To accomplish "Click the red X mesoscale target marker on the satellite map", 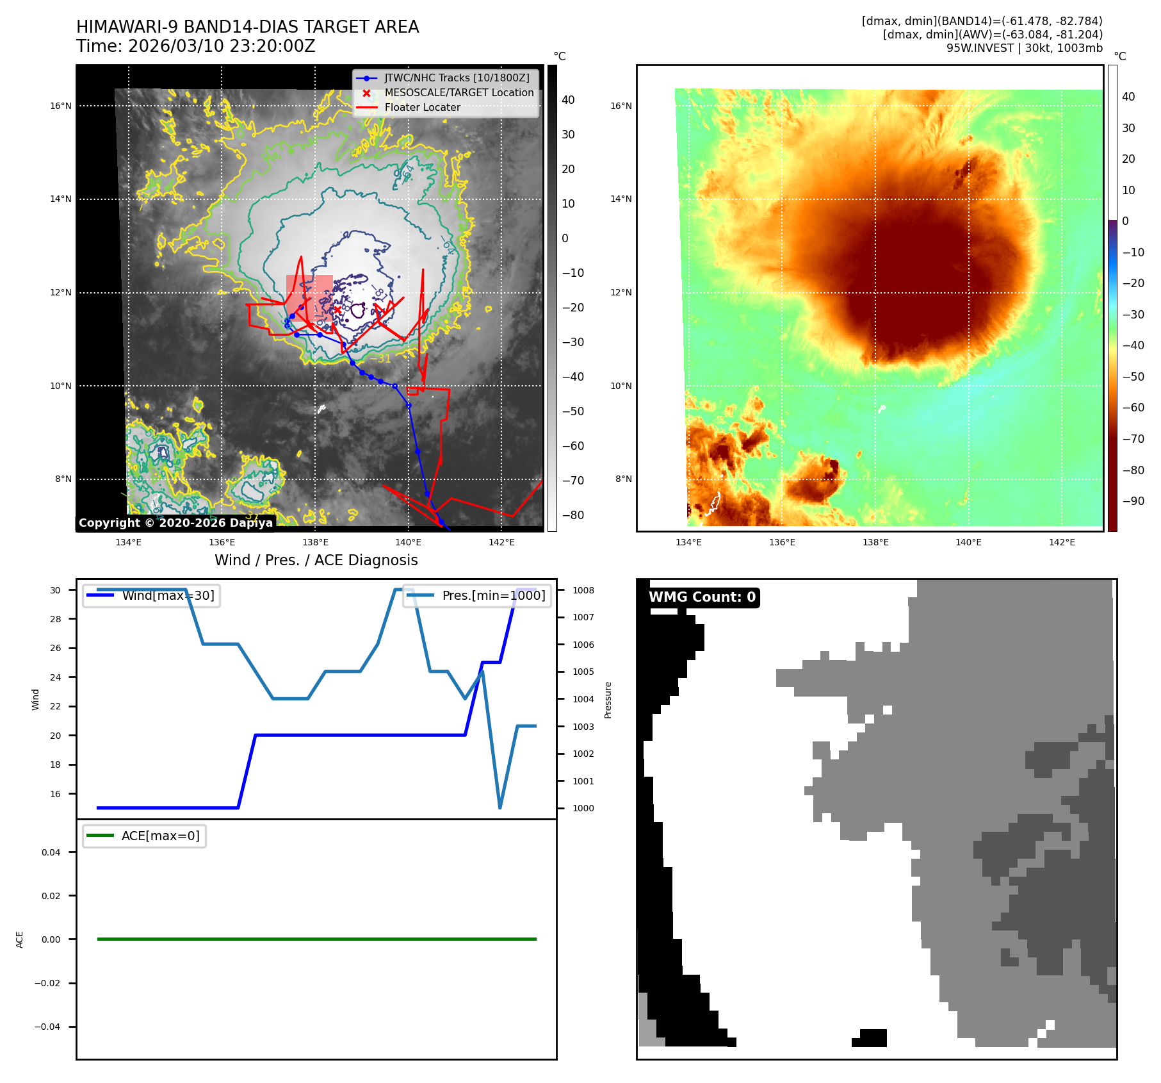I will click(x=337, y=310).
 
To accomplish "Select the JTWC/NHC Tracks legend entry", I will click(x=457, y=78).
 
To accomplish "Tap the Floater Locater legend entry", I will click(x=422, y=108).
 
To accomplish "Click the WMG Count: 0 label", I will click(x=702, y=597).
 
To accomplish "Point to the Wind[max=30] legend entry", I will click(x=168, y=596).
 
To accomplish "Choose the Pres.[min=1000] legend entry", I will click(x=493, y=596).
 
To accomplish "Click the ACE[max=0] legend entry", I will click(x=160, y=836).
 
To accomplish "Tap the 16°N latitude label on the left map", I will click(x=61, y=106).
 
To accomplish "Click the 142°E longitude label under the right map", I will click(x=1062, y=542).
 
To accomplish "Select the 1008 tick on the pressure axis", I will click(x=583, y=590).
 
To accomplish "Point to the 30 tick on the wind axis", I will click(x=56, y=590).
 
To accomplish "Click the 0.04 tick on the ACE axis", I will click(x=51, y=852).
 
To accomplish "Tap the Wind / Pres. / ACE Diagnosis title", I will click(x=316, y=561).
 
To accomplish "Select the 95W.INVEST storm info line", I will click(x=1024, y=48).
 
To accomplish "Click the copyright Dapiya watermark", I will click(x=175, y=523).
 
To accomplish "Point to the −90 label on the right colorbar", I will click(x=1133, y=501).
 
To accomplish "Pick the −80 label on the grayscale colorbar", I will click(x=572, y=515).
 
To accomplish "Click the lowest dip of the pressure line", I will click(x=499, y=807).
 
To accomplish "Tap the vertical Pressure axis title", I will click(x=608, y=700).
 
